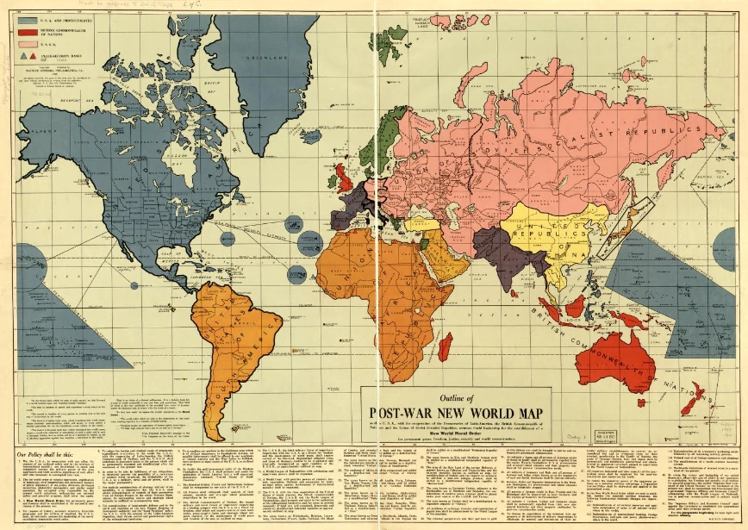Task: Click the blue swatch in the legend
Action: [28, 19]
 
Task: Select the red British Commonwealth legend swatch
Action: [28, 30]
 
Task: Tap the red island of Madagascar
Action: [445, 346]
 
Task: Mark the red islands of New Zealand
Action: [693, 398]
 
